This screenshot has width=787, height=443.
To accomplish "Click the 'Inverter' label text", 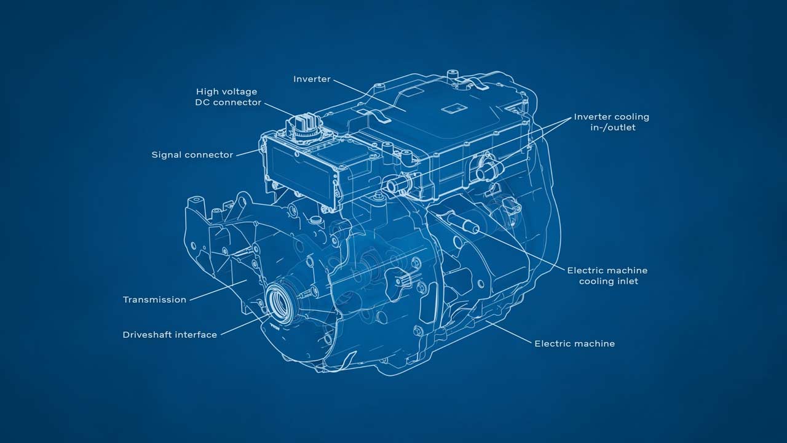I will (312, 79).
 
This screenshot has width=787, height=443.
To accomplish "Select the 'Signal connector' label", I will (192, 155).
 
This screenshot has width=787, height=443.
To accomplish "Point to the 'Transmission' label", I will (154, 300).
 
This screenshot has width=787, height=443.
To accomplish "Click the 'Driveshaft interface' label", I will (170, 335).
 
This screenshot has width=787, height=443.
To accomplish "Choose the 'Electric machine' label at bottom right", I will (574, 343).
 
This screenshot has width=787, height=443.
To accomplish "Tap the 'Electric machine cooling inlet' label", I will (607, 276).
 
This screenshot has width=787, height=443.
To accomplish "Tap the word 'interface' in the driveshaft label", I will (196, 335).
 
